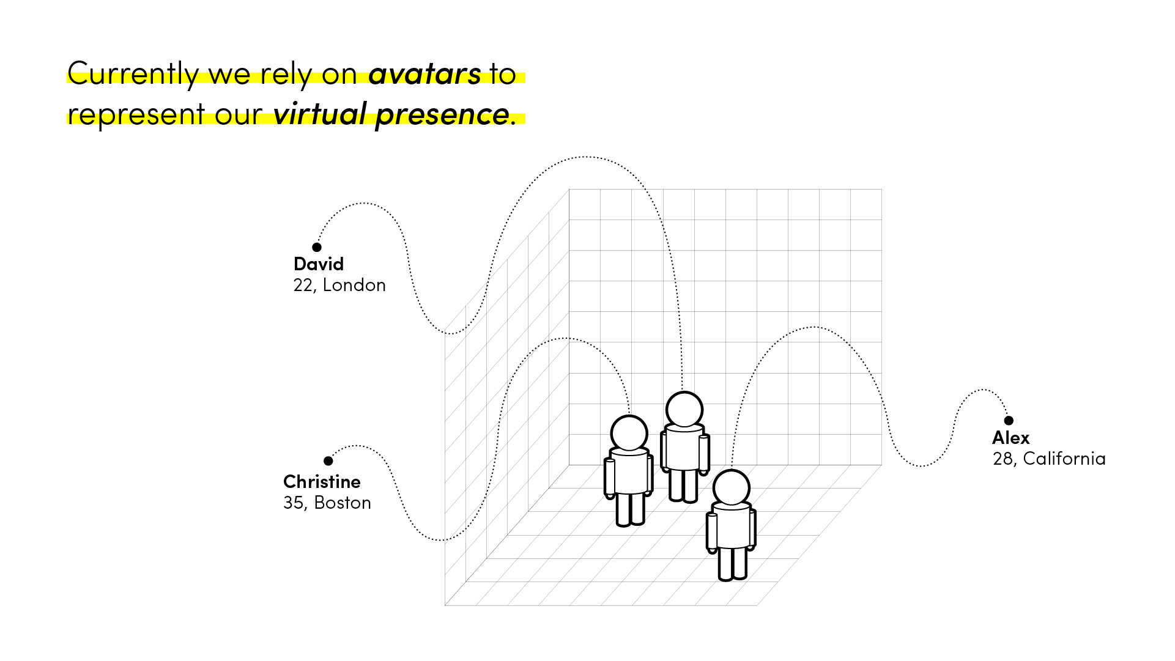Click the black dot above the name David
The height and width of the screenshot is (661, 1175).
(x=317, y=247)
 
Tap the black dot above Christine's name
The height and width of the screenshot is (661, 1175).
(x=328, y=460)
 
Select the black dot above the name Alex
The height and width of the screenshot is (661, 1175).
(x=1009, y=420)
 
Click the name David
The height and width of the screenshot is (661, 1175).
(x=319, y=264)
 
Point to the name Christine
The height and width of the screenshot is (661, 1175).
(x=322, y=482)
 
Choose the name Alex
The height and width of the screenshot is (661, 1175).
(x=1011, y=438)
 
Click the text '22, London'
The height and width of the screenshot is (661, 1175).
(x=339, y=286)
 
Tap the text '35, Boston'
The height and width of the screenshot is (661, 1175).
(x=327, y=503)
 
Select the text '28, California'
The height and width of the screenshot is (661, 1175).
(x=1049, y=459)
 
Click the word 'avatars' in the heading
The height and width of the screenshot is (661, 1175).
(x=424, y=75)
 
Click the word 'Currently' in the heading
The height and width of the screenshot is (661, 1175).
(x=133, y=75)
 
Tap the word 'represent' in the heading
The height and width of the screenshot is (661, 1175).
(x=136, y=115)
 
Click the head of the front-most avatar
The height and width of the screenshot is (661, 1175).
(x=732, y=488)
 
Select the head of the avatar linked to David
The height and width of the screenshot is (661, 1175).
(x=684, y=410)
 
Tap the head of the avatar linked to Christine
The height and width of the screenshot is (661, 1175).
(x=629, y=434)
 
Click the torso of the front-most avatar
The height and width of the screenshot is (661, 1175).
(x=732, y=526)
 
